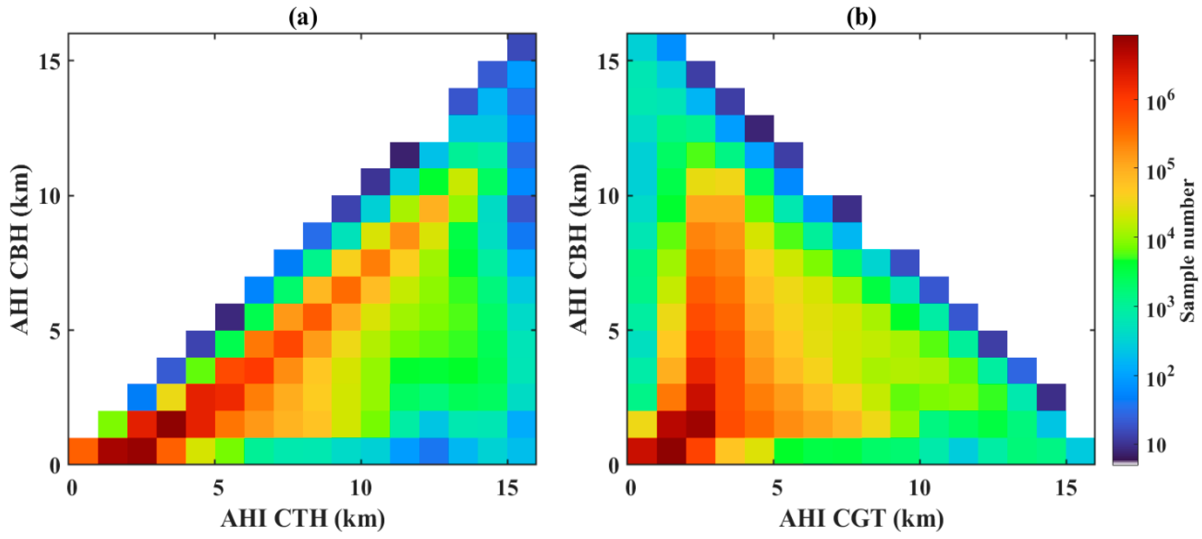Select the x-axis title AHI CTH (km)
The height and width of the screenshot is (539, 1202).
[x=303, y=518]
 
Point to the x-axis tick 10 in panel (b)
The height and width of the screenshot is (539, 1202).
[x=919, y=488]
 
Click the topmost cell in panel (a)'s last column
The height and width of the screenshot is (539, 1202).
[x=521, y=47]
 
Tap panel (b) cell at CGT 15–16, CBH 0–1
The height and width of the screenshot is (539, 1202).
[x=1080, y=451]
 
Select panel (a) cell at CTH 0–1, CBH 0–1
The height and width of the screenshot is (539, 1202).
[x=83, y=451]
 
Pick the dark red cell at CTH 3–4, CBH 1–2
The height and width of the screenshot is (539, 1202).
[x=171, y=424]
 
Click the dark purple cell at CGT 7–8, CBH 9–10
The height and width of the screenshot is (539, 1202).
[x=846, y=208]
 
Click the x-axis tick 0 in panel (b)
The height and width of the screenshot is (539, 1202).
[x=630, y=488]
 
